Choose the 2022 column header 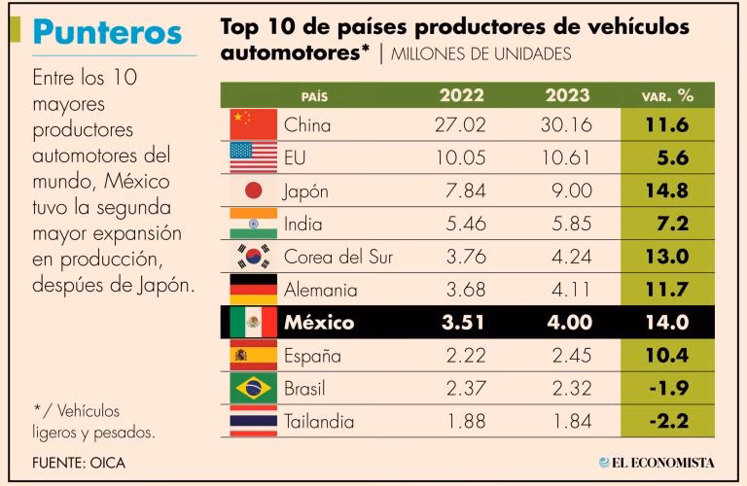point(462,95)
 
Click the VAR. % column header point(667,96)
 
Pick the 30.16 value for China point(565,124)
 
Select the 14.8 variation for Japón point(667,191)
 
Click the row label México point(319,323)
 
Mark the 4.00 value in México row point(565,323)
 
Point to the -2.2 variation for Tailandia point(667,422)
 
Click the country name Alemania point(320,290)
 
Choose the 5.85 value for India point(565,224)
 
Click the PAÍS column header point(315,96)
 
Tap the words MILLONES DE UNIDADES point(480,53)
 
